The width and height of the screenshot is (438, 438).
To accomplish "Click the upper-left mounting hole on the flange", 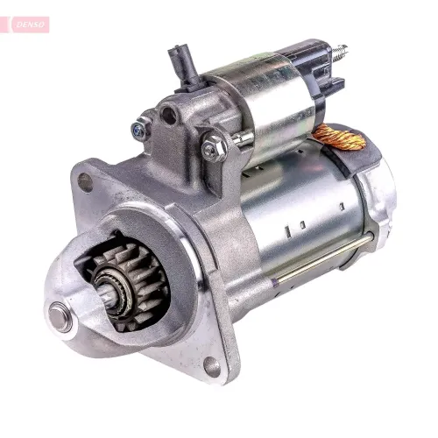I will [x=85, y=182].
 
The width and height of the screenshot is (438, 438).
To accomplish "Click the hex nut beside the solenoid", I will [x=214, y=146].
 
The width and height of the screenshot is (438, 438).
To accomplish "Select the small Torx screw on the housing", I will [x=140, y=129].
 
